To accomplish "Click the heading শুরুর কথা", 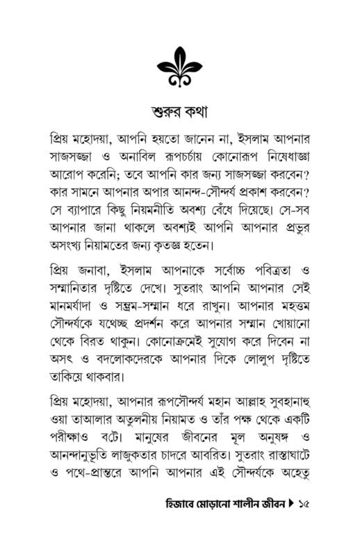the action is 179,113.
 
